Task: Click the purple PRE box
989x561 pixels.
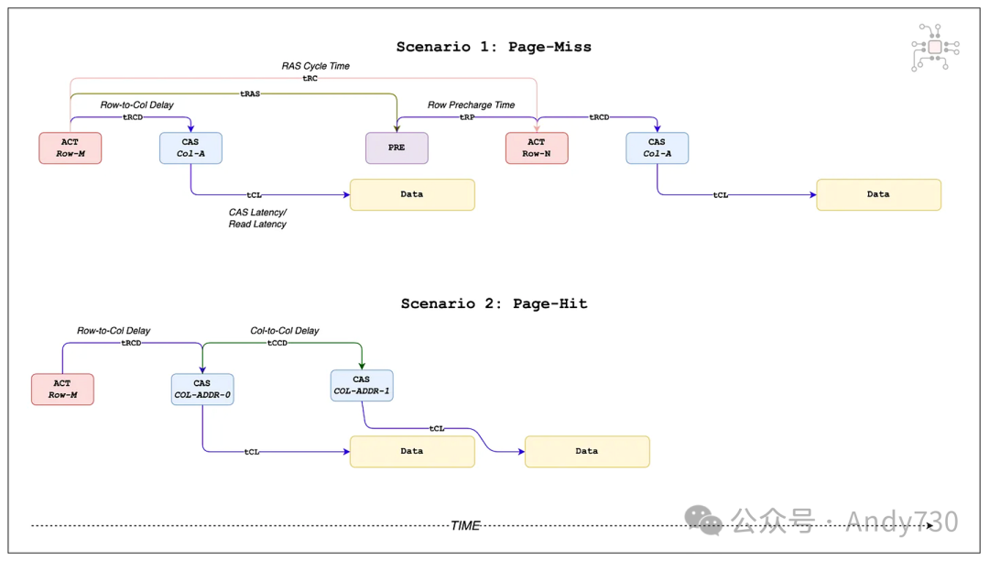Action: coord(397,148)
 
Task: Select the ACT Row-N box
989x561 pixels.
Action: coord(537,148)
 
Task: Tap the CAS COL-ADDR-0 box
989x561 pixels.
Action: coord(202,389)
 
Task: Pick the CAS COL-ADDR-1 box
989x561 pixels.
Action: coord(362,385)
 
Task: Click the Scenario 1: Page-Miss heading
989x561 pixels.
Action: coord(494,47)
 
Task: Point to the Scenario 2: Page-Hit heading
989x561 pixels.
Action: coord(494,303)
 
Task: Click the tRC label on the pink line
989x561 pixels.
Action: coord(310,79)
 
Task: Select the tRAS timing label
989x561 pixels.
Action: coord(250,93)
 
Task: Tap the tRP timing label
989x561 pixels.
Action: coord(467,117)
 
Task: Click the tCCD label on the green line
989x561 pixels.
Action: coord(277,343)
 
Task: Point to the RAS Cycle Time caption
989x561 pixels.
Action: coord(315,66)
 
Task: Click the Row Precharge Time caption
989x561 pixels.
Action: coord(471,105)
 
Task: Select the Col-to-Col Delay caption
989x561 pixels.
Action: coord(285,331)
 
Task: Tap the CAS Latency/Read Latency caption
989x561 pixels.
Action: coord(257,218)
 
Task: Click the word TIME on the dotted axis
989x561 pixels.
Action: coord(465,526)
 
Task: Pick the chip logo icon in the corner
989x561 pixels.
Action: coord(935,47)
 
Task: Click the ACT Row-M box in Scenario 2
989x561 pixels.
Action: coord(62,389)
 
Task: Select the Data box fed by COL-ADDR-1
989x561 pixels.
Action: coord(587,451)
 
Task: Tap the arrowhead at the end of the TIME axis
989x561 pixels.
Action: coord(931,525)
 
